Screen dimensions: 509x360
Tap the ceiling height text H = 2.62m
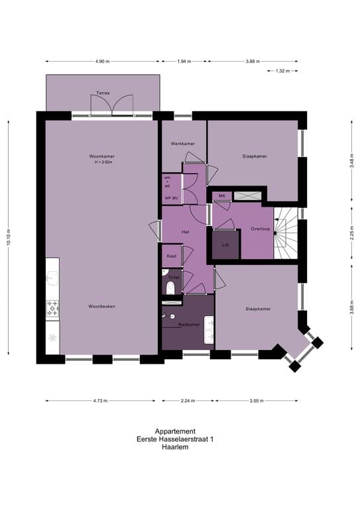point(102,162)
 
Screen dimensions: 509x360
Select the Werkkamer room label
point(182,144)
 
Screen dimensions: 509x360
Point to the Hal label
point(186,231)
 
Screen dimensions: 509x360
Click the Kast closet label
point(170,255)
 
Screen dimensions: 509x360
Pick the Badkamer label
point(188,325)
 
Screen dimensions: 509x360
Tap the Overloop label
point(261,229)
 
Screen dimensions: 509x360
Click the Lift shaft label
point(225,245)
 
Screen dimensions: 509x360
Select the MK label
point(222,196)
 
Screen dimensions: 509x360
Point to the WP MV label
point(172,198)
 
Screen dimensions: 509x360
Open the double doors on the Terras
point(113,105)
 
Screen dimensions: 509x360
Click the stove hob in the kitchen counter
point(52,307)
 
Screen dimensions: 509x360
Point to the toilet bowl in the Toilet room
point(171,286)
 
